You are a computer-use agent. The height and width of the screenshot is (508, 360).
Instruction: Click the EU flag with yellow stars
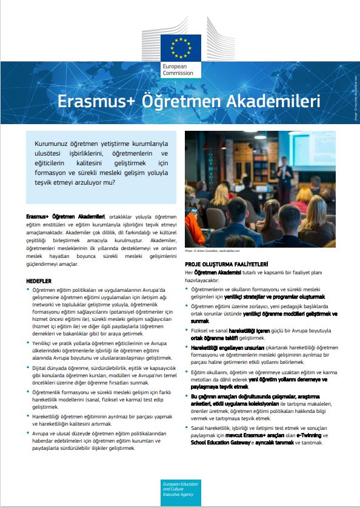180,47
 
